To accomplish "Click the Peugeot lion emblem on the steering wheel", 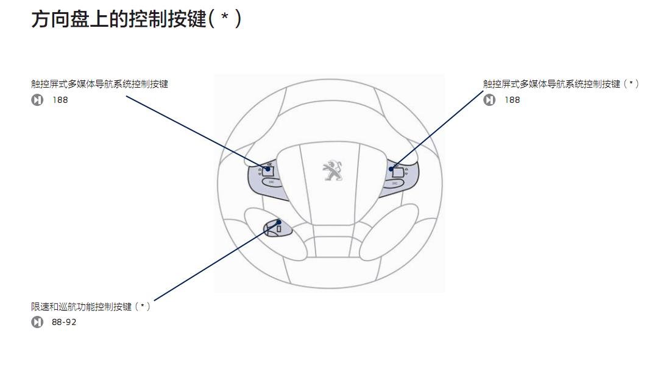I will click(332, 170).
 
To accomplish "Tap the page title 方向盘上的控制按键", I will click(118, 19).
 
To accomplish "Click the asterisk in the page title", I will click(225, 18).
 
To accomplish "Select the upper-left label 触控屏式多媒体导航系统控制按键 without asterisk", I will click(99, 84).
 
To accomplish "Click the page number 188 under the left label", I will click(60, 100).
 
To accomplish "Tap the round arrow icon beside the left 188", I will click(37, 100).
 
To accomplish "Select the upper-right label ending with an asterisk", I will click(561, 84).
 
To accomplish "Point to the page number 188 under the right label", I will click(512, 100).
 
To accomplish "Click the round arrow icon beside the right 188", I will click(489, 100).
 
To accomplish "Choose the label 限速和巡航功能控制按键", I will click(90, 306).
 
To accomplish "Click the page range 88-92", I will click(64, 322).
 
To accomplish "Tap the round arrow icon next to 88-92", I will click(37, 322).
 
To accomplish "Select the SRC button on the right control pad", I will click(395, 183).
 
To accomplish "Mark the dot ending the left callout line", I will click(267, 169).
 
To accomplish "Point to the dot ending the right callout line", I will click(391, 169).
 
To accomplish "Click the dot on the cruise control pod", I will click(279, 222).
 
